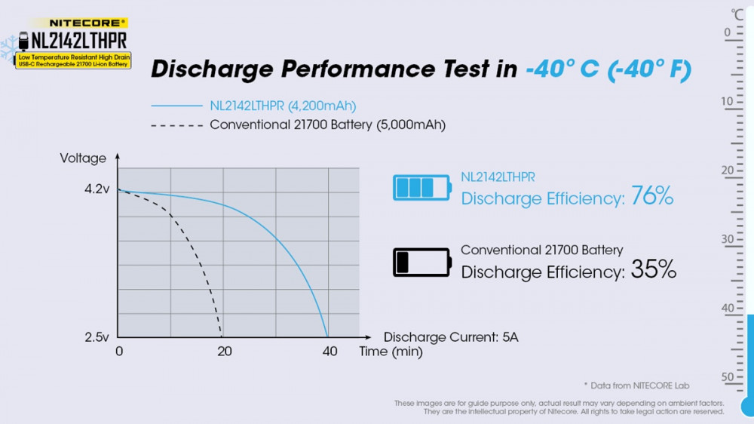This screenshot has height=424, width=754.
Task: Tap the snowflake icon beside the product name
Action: coord(9,48)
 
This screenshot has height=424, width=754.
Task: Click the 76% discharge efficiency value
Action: coord(652,198)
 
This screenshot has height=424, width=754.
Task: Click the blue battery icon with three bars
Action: coord(421,187)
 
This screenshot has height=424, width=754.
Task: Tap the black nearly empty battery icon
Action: coord(421,262)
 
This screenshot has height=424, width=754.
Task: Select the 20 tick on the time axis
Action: coord(224,352)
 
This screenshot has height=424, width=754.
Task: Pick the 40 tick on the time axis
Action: coord(329,352)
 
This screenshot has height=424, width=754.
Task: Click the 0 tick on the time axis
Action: coord(119,352)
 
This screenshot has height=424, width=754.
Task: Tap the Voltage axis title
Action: coord(83,158)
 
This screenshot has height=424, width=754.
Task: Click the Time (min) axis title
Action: coord(391,352)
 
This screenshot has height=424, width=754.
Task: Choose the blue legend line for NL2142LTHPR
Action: coord(176,106)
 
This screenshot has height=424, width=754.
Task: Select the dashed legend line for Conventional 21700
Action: coord(176,124)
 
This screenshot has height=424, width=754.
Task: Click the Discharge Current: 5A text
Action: coord(451,337)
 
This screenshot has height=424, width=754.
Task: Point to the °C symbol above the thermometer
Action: coord(737,14)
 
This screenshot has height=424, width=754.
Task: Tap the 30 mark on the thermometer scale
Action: coord(727,239)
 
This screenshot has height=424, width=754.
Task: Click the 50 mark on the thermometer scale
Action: coord(727,377)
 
